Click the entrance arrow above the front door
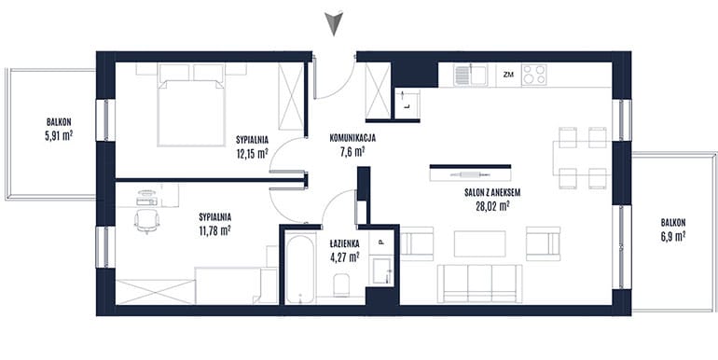[x=334, y=23]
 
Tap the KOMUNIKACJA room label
[x=353, y=137]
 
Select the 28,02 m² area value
[x=492, y=207]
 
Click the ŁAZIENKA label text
[x=344, y=243]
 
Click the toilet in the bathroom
[x=341, y=285]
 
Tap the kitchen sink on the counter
[x=470, y=75]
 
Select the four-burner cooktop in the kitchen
[x=534, y=75]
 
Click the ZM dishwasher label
[x=508, y=75]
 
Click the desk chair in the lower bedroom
[x=147, y=221]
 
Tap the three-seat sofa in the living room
[x=480, y=284]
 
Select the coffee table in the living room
[x=480, y=243]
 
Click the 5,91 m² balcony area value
[x=59, y=136]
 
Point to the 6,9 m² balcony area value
[x=672, y=236]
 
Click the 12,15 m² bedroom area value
[x=253, y=154]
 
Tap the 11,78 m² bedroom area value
[x=214, y=231]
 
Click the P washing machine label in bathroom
[x=381, y=243]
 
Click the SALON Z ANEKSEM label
[x=492, y=193]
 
